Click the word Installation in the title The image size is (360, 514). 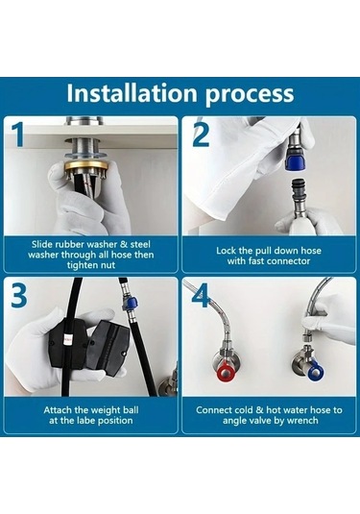click(x=132, y=93)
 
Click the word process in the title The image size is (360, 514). click(x=250, y=96)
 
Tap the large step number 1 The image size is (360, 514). click(x=19, y=135)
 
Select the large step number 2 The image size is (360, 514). click(x=201, y=134)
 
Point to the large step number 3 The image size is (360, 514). click(x=19, y=296)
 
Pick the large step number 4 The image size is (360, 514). click(x=202, y=295)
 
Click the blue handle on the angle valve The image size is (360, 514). click(x=315, y=370)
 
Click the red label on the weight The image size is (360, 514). click(x=68, y=338)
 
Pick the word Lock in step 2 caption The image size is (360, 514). click(x=226, y=251)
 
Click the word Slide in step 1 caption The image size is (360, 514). click(x=42, y=244)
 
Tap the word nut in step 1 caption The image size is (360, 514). click(x=108, y=265)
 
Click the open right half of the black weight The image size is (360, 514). click(x=105, y=350)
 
